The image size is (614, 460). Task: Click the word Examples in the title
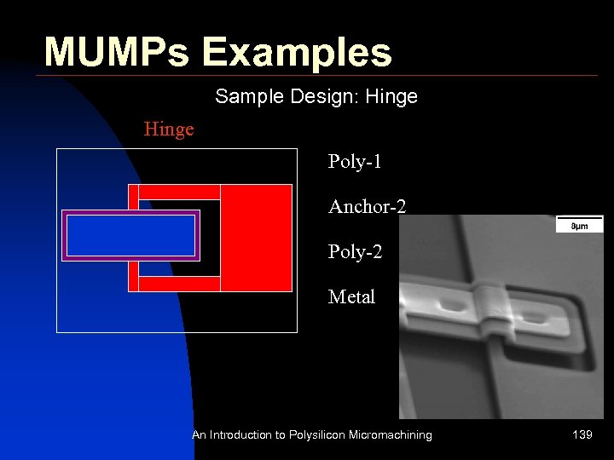(x=297, y=52)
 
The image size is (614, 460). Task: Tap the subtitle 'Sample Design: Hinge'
(x=316, y=96)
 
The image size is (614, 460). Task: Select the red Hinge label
(x=169, y=129)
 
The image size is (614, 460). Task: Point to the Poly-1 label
(x=355, y=162)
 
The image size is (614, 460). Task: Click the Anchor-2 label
(x=367, y=206)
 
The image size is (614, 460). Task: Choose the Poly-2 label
(x=355, y=252)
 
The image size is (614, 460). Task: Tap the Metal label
(x=351, y=297)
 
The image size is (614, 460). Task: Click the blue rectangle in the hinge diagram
(x=130, y=236)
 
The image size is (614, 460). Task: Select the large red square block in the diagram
(x=256, y=238)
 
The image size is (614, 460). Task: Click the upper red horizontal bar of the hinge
(x=179, y=192)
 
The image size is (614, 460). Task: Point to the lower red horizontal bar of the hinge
(x=179, y=284)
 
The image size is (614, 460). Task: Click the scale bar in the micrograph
(x=579, y=225)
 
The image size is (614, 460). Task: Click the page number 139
(x=582, y=435)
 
